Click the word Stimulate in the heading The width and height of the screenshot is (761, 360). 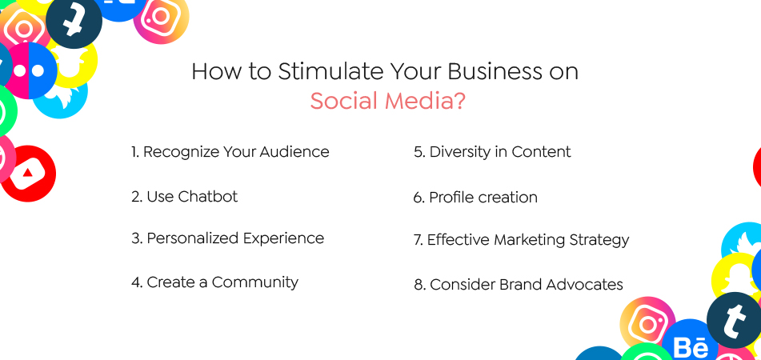(x=329, y=72)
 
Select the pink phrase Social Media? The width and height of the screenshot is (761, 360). (x=387, y=102)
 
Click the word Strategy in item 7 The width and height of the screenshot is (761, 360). (x=599, y=240)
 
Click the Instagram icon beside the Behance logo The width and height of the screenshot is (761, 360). (x=647, y=324)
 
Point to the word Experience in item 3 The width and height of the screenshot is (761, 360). (x=285, y=238)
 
